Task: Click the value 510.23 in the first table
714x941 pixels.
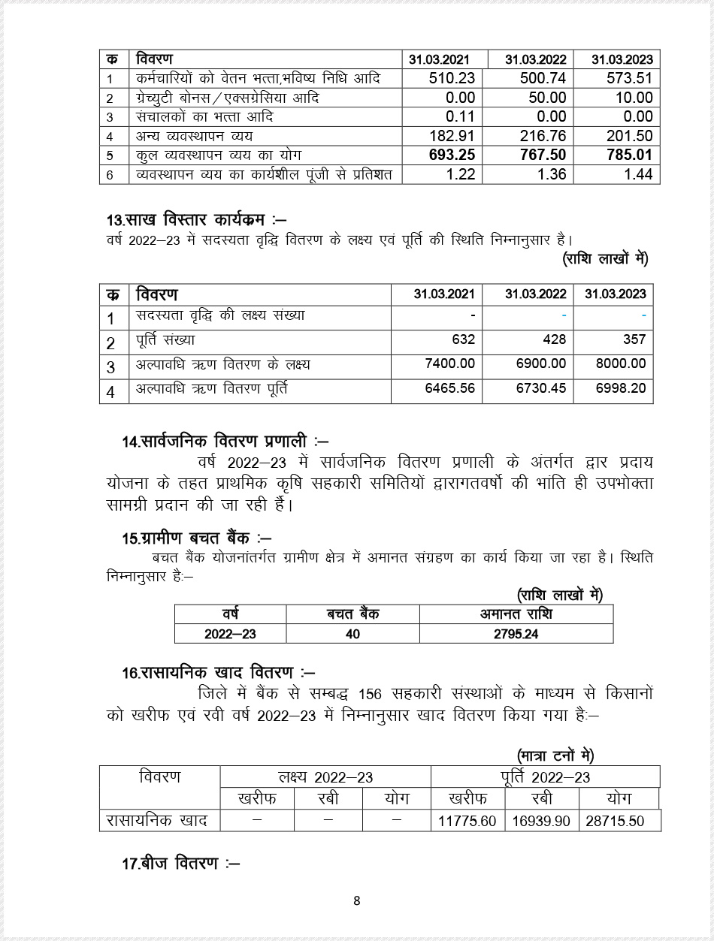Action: click(452, 78)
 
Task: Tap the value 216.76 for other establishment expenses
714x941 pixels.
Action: click(543, 136)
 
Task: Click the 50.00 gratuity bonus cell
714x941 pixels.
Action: click(547, 98)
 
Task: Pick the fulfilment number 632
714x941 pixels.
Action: click(463, 339)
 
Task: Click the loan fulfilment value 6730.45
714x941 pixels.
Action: click(536, 390)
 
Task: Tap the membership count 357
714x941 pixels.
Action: click(634, 339)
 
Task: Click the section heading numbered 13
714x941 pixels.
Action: click(195, 221)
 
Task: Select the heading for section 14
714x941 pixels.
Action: click(225, 442)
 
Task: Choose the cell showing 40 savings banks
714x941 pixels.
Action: click(352, 634)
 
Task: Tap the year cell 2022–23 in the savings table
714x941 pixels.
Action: click(230, 634)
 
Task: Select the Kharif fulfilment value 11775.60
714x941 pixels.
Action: click(467, 821)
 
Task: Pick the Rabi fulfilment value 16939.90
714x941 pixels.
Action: click(541, 821)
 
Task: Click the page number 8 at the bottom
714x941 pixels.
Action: click(357, 901)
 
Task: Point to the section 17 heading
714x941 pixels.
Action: click(180, 864)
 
